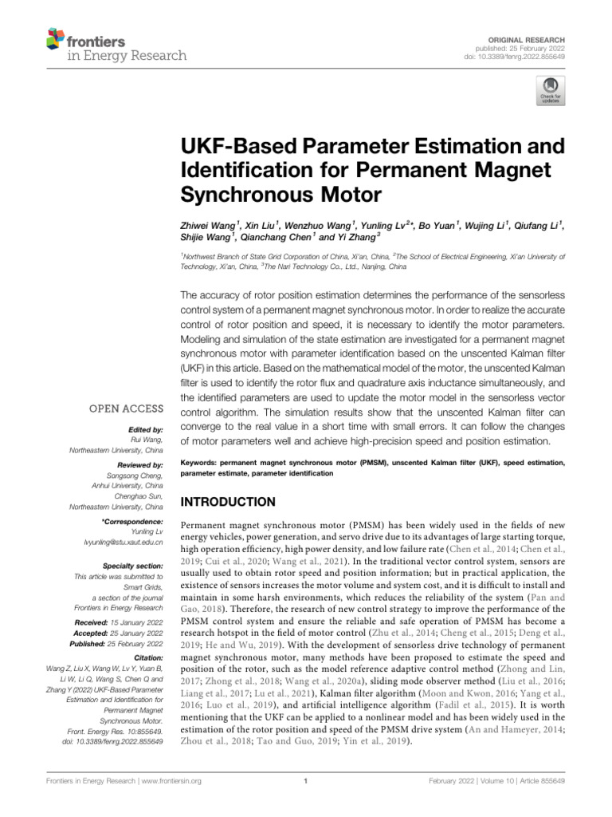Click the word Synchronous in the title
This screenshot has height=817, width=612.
[x=236, y=194]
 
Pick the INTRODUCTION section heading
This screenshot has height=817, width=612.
[x=228, y=502]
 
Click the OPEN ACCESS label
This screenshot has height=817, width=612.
[x=131, y=408]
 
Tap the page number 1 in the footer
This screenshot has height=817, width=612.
[x=306, y=781]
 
